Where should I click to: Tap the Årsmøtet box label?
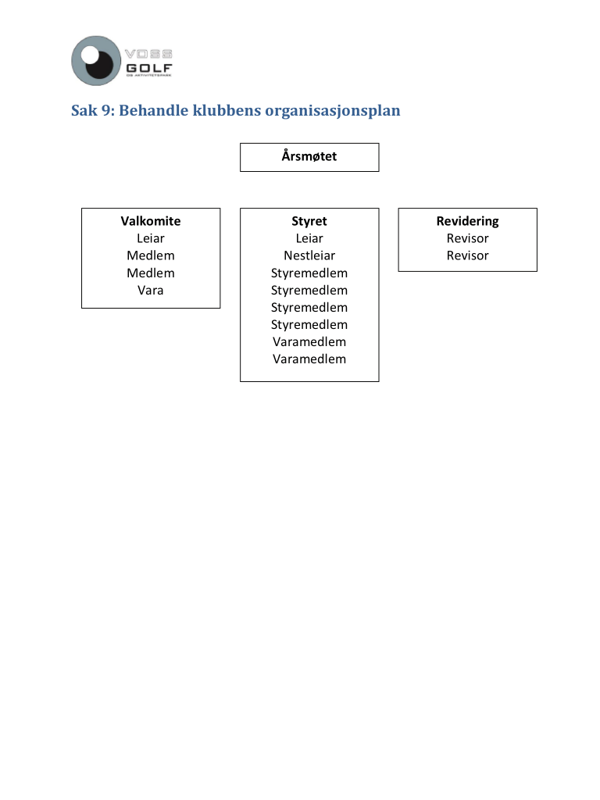309,157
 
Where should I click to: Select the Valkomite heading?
151,221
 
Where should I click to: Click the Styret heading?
309,221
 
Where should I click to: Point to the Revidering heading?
467,221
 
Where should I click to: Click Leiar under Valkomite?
151,238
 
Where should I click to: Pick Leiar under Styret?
309,238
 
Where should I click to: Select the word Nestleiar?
309,255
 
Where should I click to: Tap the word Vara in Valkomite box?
151,290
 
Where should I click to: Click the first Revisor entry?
467,238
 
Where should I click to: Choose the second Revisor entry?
467,255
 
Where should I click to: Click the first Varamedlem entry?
309,341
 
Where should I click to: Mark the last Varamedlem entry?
309,359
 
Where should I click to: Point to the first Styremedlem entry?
309,273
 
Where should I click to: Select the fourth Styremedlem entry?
309,324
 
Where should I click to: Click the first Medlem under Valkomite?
151,255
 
